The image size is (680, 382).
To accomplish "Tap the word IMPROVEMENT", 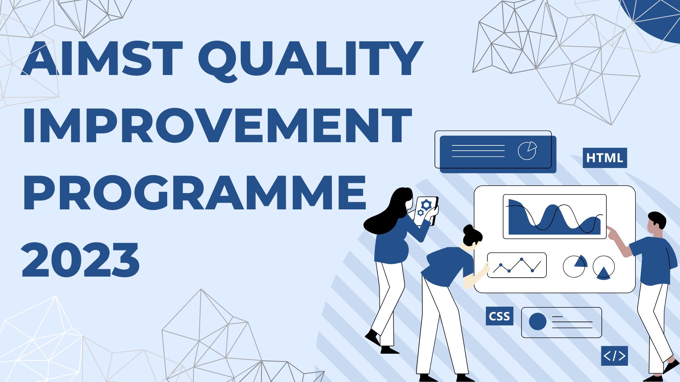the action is (x=217, y=126).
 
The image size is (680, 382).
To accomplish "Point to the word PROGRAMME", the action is (x=194, y=192).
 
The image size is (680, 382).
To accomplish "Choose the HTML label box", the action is (x=605, y=158).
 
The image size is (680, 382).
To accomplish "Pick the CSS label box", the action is (x=499, y=316).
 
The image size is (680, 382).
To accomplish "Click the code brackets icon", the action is (x=614, y=356).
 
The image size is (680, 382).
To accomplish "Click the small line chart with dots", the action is (x=517, y=265).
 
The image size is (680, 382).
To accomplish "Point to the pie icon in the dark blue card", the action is (x=527, y=151).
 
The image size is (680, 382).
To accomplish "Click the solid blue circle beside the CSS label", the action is (x=537, y=322).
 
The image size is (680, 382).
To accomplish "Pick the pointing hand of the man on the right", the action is (x=612, y=232).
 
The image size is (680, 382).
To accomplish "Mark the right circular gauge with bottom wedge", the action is (x=603, y=267).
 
